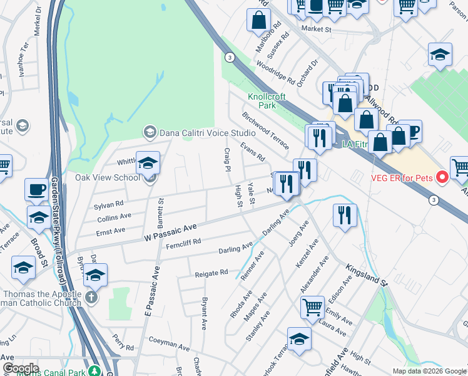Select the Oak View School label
pyautogui.click(x=108, y=177)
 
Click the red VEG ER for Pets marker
pyautogui.click(x=442, y=177)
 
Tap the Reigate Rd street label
pyautogui.click(x=211, y=273)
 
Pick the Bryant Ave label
pyautogui.click(x=204, y=314)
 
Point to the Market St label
pyautogui.click(x=315, y=29)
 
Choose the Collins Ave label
pyautogui.click(x=114, y=217)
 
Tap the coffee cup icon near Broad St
pyautogui.click(x=36, y=189)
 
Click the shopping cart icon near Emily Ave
pyautogui.click(x=313, y=307)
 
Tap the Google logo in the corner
pyautogui.click(x=21, y=368)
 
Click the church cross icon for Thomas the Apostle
pyautogui.click(x=92, y=296)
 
